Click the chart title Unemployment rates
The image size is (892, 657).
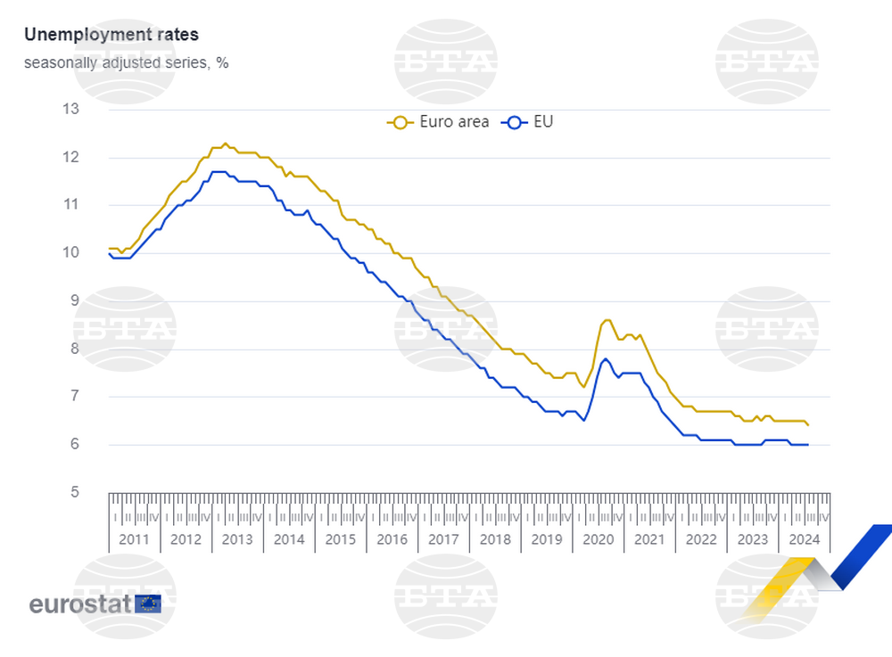pos(111,35)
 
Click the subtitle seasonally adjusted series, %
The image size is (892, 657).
pos(126,63)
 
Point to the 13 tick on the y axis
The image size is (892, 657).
pos(70,110)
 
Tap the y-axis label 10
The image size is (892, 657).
pos(70,253)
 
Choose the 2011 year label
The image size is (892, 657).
pos(134,539)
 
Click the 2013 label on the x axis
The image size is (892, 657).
pos(237,539)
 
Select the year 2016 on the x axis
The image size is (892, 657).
pos(392,539)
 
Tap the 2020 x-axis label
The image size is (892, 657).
pos(598,539)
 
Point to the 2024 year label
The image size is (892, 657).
pos(805,539)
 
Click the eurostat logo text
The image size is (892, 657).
pos(80,604)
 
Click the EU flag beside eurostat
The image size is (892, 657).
pos(148,604)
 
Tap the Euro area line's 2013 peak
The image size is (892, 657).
pos(225,143)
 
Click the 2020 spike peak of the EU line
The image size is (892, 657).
pos(606,359)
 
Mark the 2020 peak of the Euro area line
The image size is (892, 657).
pos(607,319)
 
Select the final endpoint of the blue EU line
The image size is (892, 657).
pos(807,445)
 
